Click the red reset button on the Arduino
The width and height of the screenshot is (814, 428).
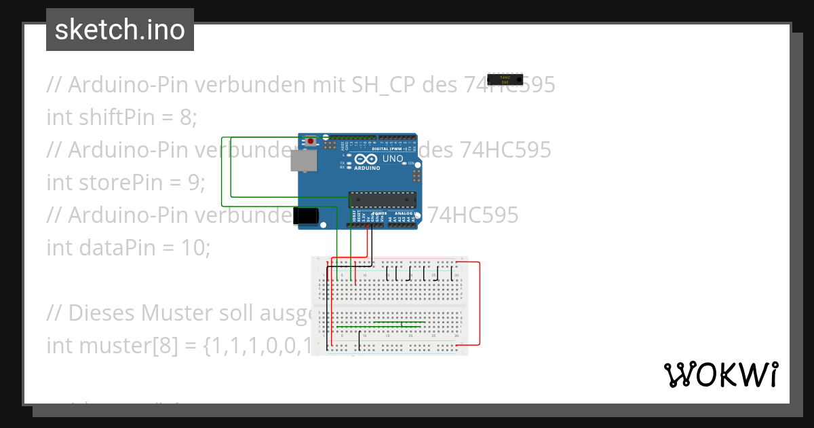pos(311,141)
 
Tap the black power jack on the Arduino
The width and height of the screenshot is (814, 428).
pos(305,215)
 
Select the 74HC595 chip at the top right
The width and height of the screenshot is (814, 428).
pos(505,79)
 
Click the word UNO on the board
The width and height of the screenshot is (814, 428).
pos(393,159)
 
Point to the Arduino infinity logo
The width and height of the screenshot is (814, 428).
pos(360,160)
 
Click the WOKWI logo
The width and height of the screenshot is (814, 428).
pos(720,374)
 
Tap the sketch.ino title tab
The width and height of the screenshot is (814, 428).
pos(120,30)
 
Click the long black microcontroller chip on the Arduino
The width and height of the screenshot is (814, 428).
pos(381,199)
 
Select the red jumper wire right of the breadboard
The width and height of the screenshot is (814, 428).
pos(480,303)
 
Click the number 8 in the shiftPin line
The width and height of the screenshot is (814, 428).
pos(185,117)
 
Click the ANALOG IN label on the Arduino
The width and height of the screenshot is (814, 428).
pos(405,214)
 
